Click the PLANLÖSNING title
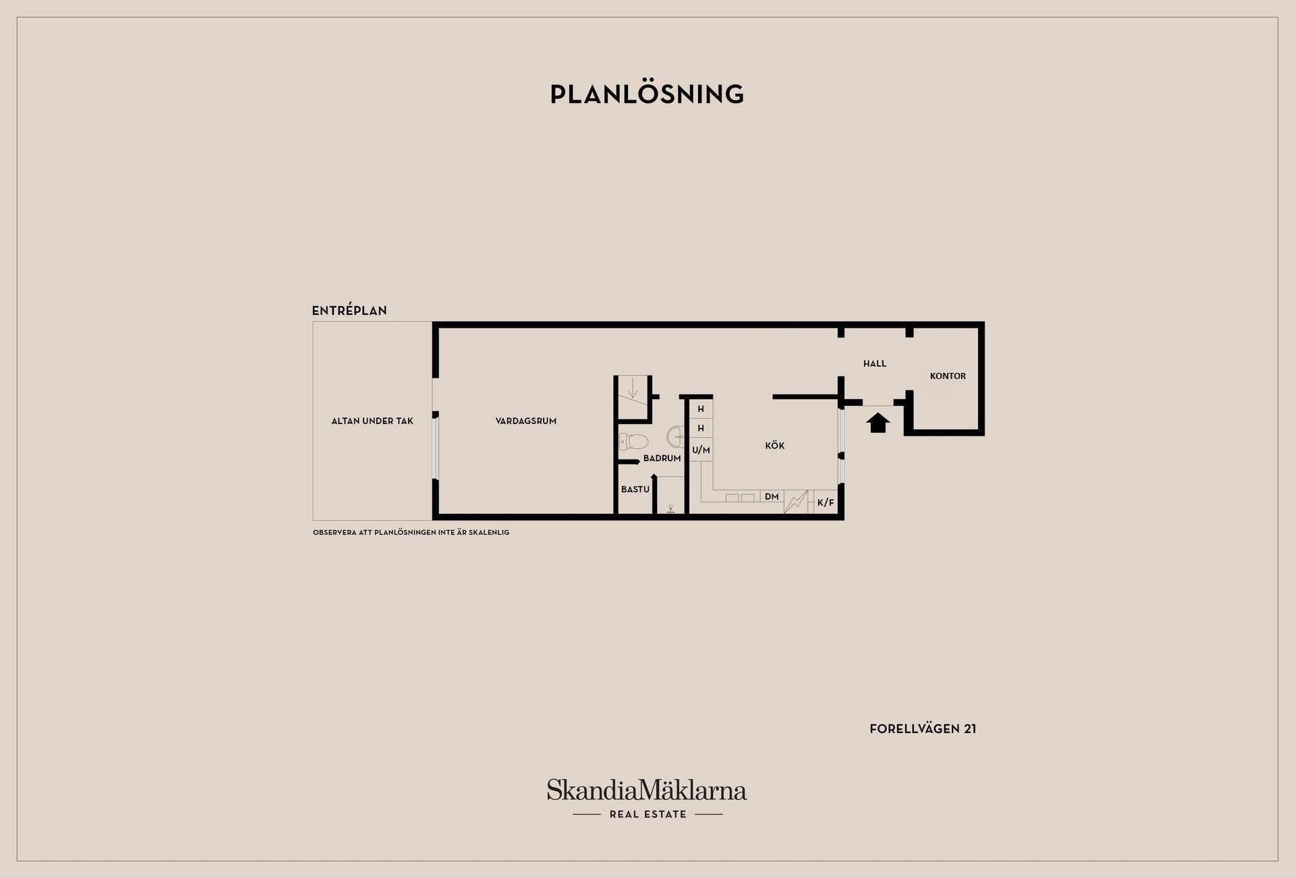tap(647, 94)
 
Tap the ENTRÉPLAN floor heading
tap(349, 311)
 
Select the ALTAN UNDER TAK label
tap(372, 421)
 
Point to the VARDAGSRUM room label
tap(526, 421)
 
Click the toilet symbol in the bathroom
tap(633, 442)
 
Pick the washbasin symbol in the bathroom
tap(675, 436)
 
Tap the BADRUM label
tap(662, 459)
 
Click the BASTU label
tap(635, 490)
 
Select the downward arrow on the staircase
tap(633, 388)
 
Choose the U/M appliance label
tap(701, 450)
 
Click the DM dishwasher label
tap(772, 497)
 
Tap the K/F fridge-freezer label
tap(826, 502)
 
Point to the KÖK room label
tap(775, 446)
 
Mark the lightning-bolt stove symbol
tap(796, 502)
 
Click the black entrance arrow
tap(877, 423)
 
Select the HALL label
tap(875, 363)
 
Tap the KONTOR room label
tap(948, 376)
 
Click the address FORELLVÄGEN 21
tap(923, 729)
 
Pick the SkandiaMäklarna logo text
tap(647, 790)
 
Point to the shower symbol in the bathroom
tap(671, 510)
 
